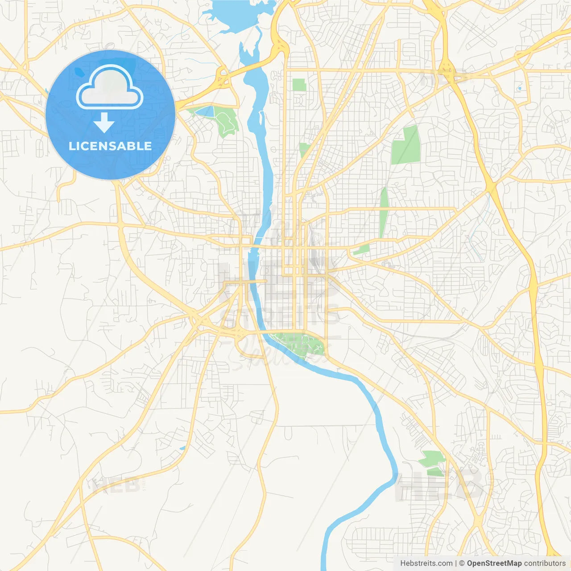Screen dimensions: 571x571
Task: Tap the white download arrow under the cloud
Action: pos(104,123)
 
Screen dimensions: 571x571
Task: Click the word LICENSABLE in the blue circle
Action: pos(110,146)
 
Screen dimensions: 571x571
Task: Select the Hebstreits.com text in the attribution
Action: pos(426,563)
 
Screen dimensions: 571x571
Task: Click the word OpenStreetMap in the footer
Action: pos(494,563)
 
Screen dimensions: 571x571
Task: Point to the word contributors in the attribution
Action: pos(545,563)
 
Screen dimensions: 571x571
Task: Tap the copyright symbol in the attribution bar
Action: pos(462,563)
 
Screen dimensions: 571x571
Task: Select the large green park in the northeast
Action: pos(406,145)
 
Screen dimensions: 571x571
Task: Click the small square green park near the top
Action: pos(299,85)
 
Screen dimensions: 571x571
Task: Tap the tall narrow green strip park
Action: pos(383,212)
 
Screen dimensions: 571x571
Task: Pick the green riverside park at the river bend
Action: pos(299,344)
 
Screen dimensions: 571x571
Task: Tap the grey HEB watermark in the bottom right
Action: pos(439,486)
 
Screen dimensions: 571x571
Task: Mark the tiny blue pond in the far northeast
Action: pos(519,88)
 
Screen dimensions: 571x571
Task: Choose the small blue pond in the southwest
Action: pos(182,448)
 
